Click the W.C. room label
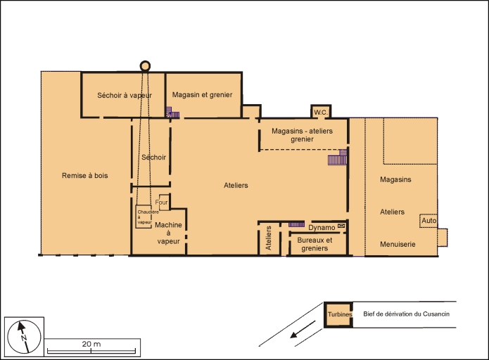coord(321,112)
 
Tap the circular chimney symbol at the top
coord(146,66)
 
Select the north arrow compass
coord(22,336)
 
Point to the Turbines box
coord(338,314)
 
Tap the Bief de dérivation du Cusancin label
coord(405,314)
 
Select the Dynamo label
coord(321,227)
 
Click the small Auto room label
coord(428,221)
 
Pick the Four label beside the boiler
coord(163,202)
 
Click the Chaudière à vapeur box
coord(144,216)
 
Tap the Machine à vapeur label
coord(168,233)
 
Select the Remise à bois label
coord(85,175)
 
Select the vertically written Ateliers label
coord(269,239)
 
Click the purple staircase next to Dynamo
coord(296,224)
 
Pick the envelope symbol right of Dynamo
coord(341,226)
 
